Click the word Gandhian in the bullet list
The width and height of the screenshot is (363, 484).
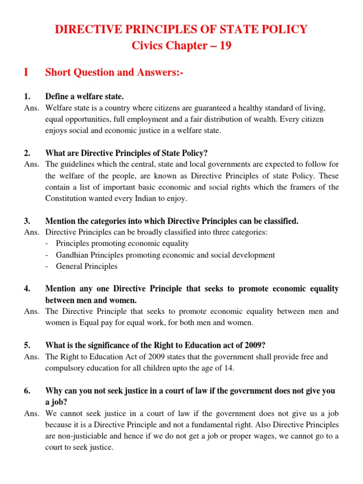(72, 255)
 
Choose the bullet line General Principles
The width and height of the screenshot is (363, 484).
(86, 266)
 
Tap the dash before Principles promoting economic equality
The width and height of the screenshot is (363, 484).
(48, 243)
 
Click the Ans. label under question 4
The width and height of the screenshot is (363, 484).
(31, 311)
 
